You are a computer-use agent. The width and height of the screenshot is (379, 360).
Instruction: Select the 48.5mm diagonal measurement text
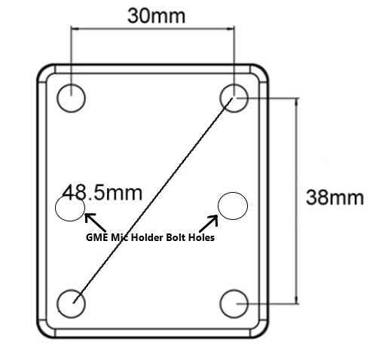102,192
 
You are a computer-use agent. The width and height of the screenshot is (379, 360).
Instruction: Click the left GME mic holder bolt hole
70,209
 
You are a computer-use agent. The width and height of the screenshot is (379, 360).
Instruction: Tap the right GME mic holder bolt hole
232,205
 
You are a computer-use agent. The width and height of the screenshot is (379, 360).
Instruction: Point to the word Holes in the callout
200,237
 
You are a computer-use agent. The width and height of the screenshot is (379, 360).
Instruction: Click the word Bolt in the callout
175,237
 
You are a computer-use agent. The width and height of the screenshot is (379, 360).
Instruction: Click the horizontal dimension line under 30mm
153,28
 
